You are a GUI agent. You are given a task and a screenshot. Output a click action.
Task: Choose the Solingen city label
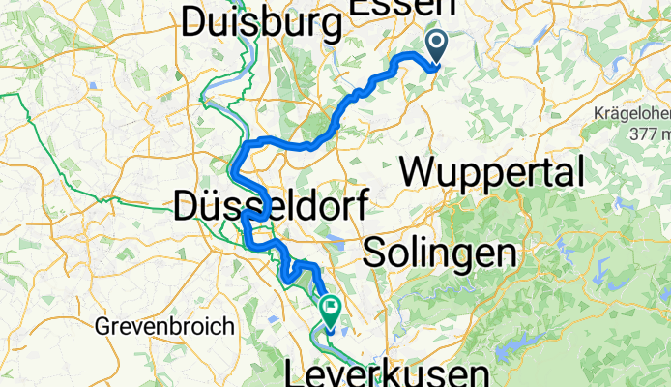click(x=437, y=253)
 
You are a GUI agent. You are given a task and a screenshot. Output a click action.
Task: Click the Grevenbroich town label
click(x=164, y=326)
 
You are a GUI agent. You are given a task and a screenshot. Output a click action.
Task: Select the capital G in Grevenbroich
click(x=102, y=326)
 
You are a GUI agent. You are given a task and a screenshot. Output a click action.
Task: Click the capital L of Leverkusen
click(x=297, y=373)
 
